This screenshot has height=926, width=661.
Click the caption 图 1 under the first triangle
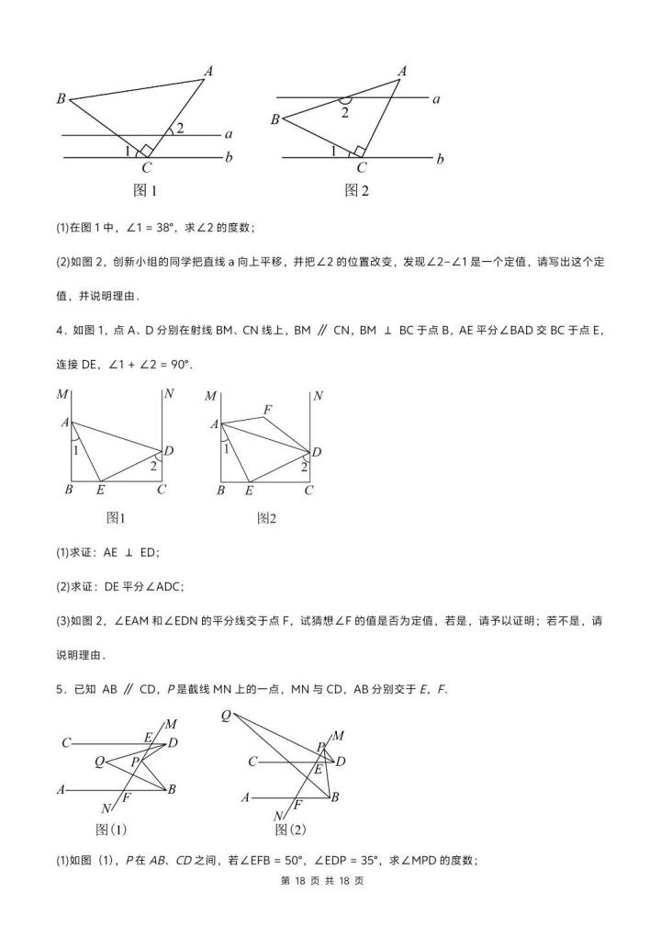click(x=146, y=191)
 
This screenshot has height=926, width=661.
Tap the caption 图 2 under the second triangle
click(x=356, y=190)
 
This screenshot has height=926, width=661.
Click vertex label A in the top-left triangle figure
click(x=209, y=71)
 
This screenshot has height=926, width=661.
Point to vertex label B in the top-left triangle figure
click(x=61, y=99)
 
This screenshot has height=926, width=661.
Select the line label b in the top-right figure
click(x=441, y=159)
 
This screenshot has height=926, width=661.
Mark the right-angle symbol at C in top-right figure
click(x=359, y=152)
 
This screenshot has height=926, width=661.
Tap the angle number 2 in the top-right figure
click(x=345, y=112)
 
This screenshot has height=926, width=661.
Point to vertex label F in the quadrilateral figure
click(x=267, y=409)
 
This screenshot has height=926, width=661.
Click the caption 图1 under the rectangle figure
click(x=116, y=518)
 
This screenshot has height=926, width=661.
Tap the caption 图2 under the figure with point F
click(x=266, y=518)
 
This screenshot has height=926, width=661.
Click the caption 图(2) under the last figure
click(x=290, y=829)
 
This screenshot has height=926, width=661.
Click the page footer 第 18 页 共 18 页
click(x=330, y=906)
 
